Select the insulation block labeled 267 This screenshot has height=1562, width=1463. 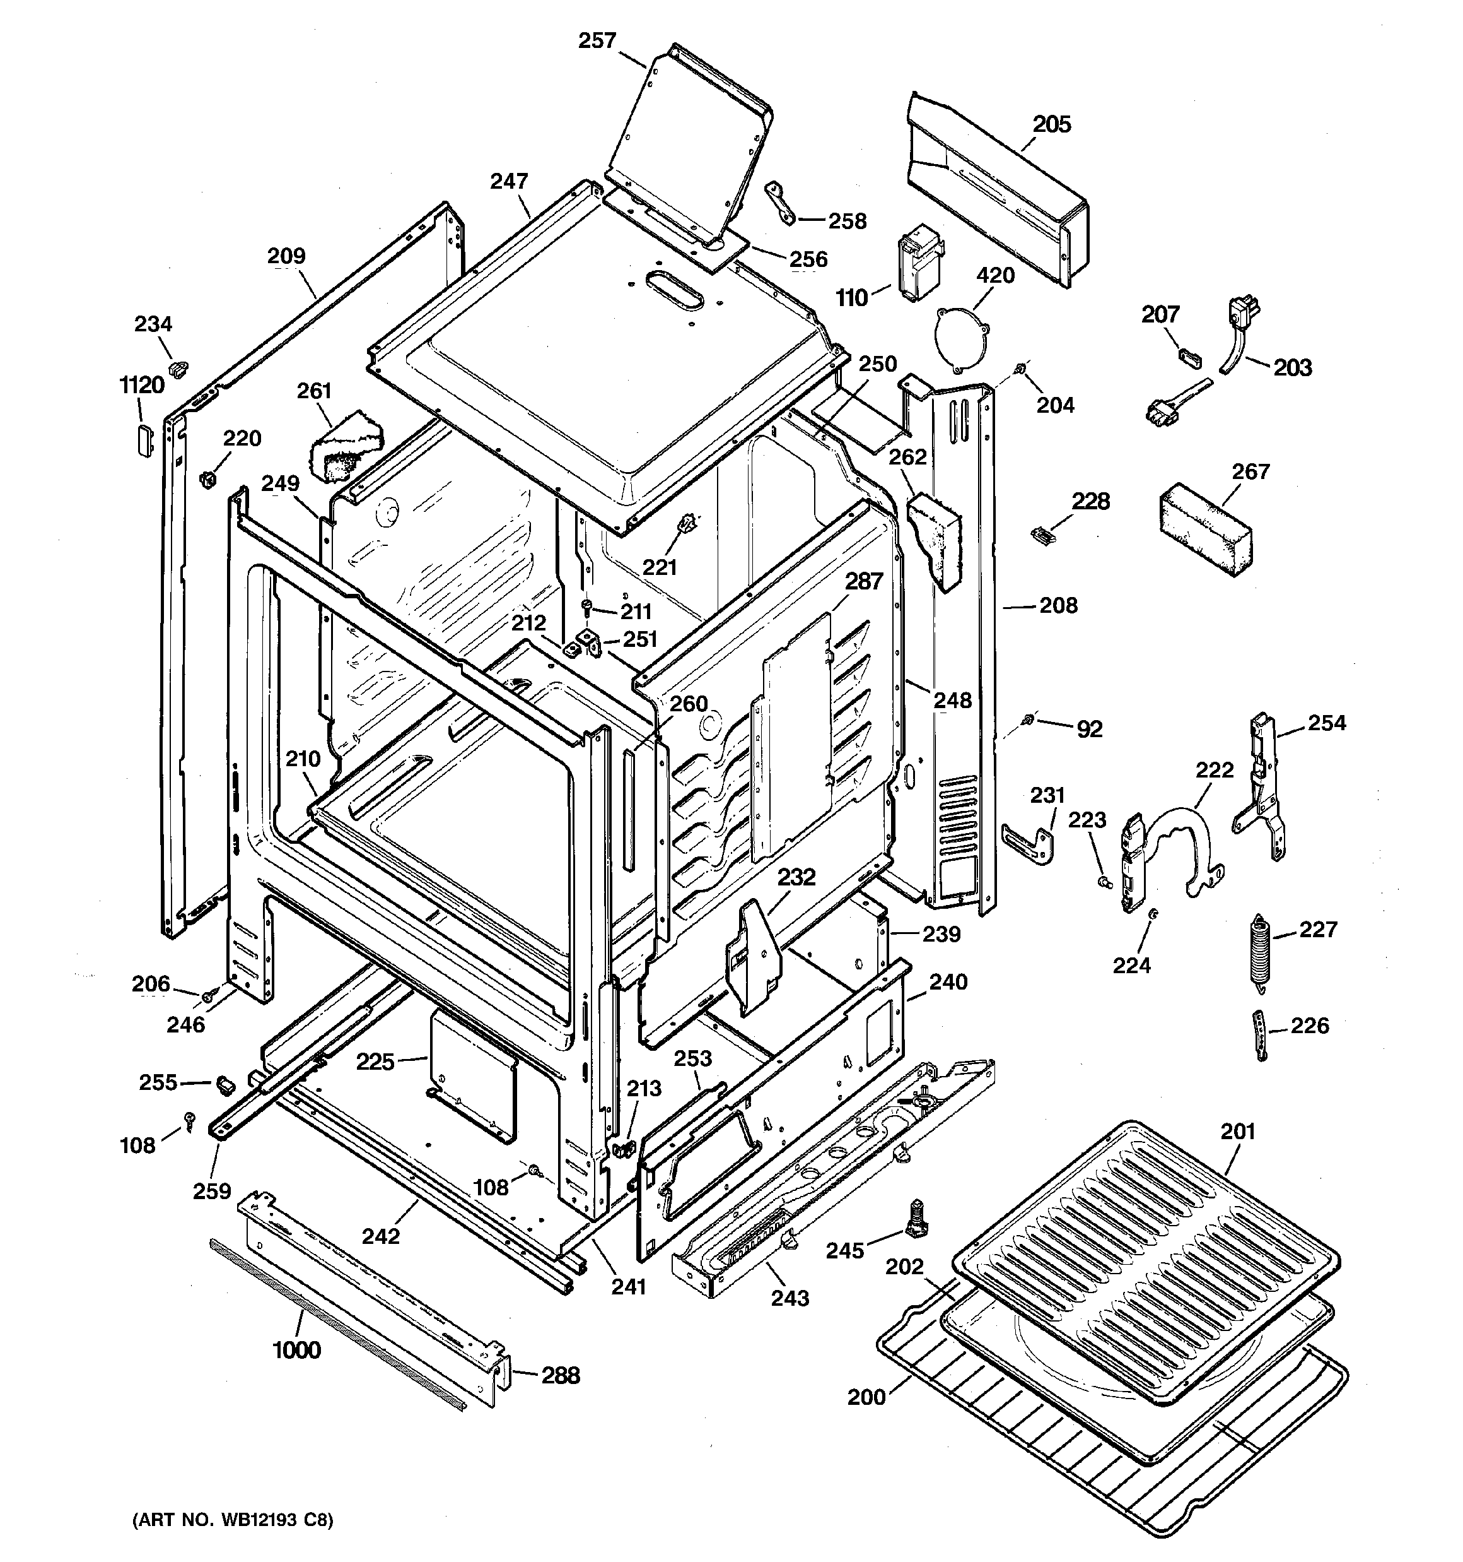1206,531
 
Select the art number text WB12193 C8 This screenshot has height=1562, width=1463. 233,1520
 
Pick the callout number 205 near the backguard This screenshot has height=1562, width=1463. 1051,124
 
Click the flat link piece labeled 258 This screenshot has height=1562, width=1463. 781,202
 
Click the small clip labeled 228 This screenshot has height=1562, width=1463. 1040,535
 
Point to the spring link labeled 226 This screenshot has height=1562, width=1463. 1259,1035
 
